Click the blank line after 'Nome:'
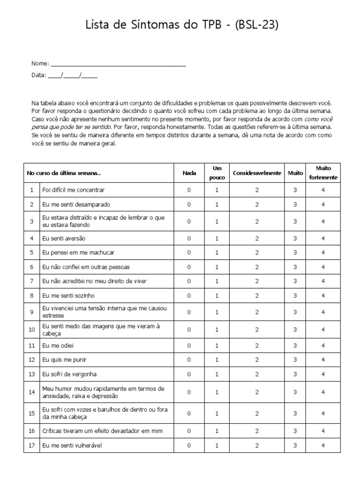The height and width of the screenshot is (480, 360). point(118,64)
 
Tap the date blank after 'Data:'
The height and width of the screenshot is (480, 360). point(73,75)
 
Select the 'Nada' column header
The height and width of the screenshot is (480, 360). point(189,173)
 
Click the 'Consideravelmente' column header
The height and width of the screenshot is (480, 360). point(257,173)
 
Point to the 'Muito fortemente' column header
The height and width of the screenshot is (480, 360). point(323,173)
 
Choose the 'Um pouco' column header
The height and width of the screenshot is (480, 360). point(217,173)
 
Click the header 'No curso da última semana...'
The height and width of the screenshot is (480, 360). point(64,173)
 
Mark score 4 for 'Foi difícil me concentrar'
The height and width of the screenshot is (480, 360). point(323,190)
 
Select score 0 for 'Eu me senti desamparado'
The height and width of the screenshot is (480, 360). point(189,205)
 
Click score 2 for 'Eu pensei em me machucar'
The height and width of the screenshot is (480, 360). point(257,253)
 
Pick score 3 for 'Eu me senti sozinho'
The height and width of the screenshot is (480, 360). point(295,296)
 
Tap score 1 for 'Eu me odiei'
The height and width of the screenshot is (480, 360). point(217,345)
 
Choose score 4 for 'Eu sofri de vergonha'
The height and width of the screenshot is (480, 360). point(323,375)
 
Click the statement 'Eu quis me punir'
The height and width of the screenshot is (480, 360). point(64,360)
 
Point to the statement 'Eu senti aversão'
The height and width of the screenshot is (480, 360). point(64,239)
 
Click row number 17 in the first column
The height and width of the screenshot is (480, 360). point(32,445)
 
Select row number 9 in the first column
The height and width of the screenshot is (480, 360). point(32,312)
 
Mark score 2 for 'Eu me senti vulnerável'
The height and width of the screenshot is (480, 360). point(257,445)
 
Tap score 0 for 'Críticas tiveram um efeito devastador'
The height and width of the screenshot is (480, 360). point(189,431)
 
